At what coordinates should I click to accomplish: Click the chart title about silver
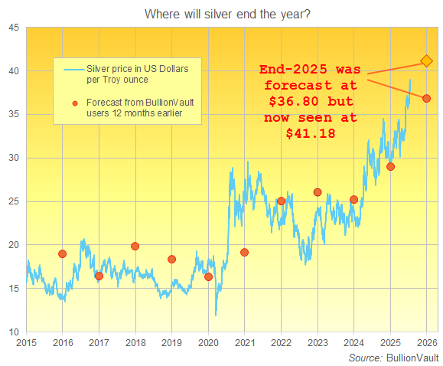[x=221, y=13]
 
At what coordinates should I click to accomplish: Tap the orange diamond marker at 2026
[x=427, y=60]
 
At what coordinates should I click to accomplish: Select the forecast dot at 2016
[x=62, y=253]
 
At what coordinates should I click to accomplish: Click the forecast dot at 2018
[x=135, y=246]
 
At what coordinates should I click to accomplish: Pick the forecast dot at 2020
[x=208, y=276]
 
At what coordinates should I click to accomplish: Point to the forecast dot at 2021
[x=245, y=252]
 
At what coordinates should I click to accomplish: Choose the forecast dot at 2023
[x=318, y=192]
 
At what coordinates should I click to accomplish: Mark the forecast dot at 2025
[x=390, y=166]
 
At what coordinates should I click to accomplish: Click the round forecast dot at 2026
[x=427, y=98]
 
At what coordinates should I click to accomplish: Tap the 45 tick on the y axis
[x=14, y=28]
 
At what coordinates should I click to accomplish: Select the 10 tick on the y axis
[x=14, y=332]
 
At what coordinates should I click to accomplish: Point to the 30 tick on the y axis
[x=14, y=158]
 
